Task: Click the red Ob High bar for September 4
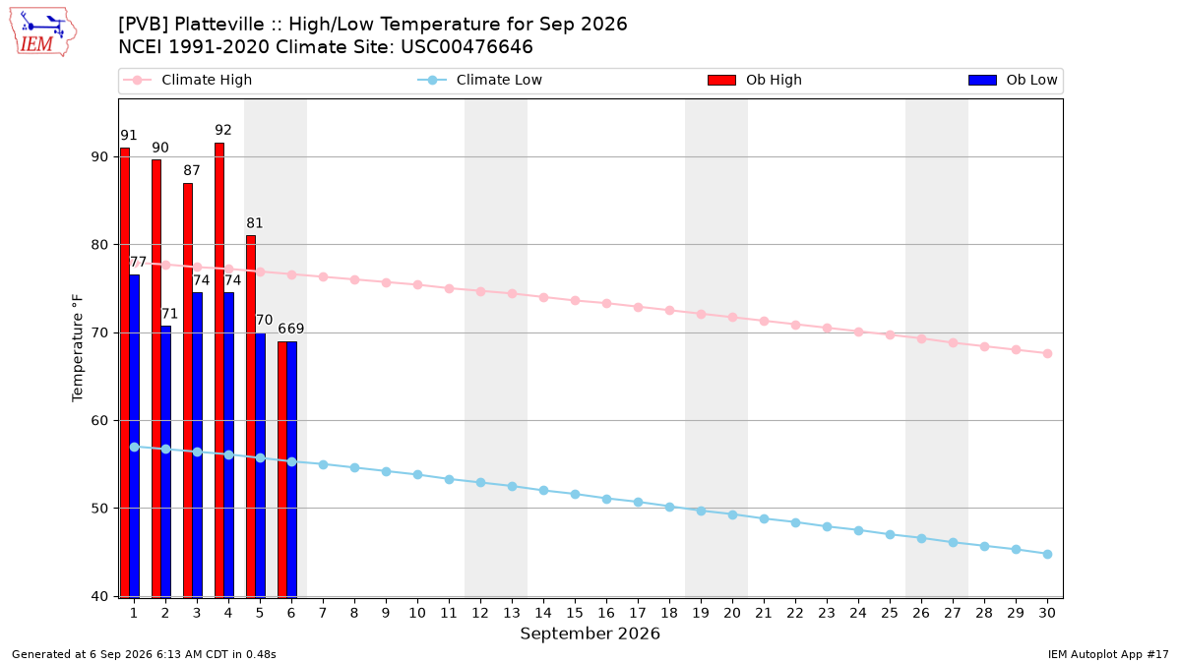click(x=219, y=370)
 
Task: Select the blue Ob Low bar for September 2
click(x=166, y=461)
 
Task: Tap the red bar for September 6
click(x=282, y=469)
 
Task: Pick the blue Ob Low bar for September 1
click(x=135, y=436)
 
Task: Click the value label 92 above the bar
click(x=223, y=130)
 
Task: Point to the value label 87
click(x=191, y=170)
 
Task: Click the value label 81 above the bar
click(x=255, y=223)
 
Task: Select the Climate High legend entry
click(x=187, y=80)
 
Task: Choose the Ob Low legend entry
click(x=1013, y=80)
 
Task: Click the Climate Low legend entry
click(x=480, y=80)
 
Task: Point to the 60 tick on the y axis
click(x=100, y=421)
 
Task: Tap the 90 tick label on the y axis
click(x=100, y=157)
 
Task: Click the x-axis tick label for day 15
click(x=575, y=613)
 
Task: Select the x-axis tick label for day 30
click(x=1047, y=613)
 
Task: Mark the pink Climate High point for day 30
click(x=1047, y=353)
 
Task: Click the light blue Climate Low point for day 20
click(x=732, y=514)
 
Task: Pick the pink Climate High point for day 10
click(x=417, y=284)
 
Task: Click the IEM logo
click(x=42, y=32)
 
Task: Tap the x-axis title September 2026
click(x=590, y=634)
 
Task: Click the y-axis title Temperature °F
click(x=78, y=348)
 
